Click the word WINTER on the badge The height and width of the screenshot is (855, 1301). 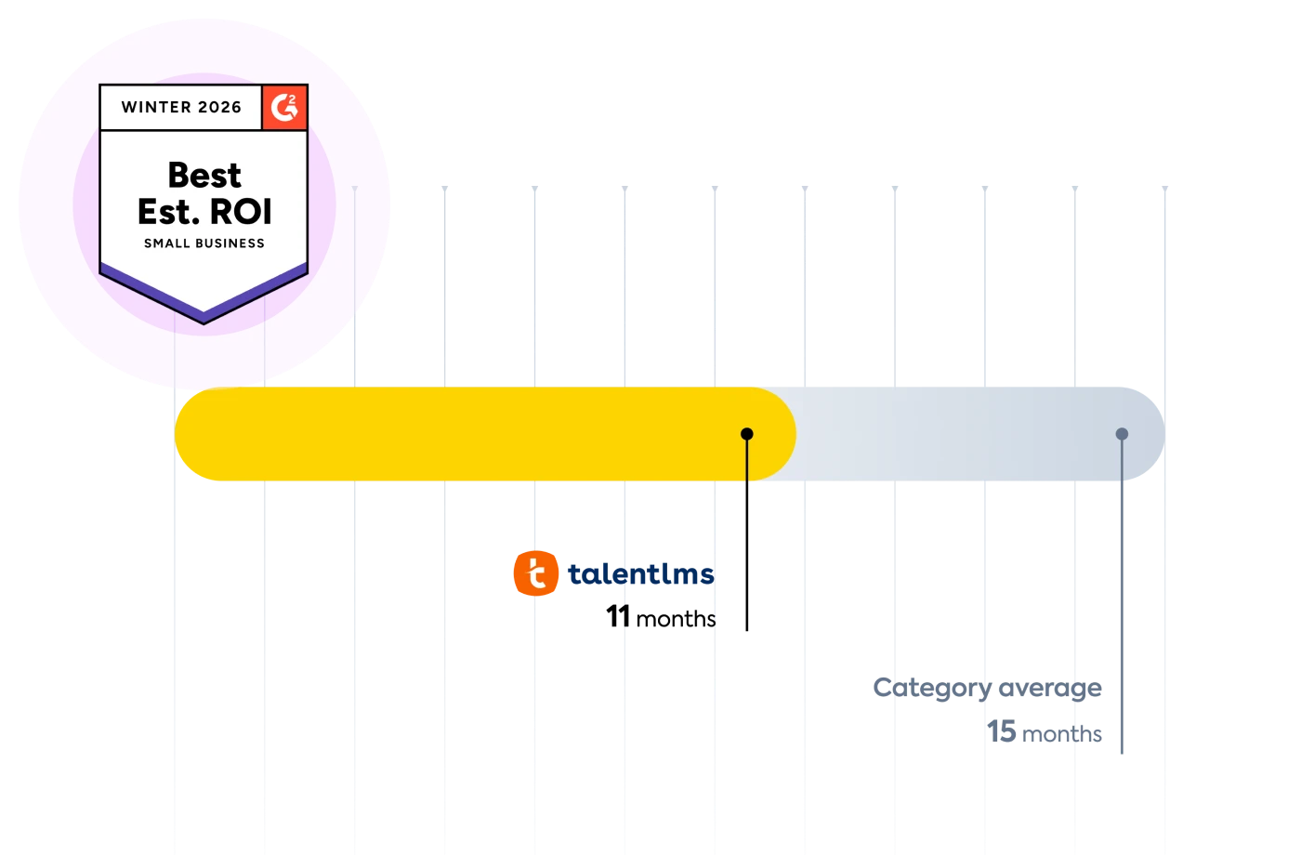click(x=156, y=107)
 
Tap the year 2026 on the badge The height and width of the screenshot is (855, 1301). click(x=219, y=107)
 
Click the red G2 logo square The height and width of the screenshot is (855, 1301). click(x=284, y=108)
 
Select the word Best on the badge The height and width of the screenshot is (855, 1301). click(x=204, y=175)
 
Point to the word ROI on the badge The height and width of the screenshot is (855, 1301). click(x=240, y=212)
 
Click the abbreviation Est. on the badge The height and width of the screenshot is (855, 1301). click(x=169, y=212)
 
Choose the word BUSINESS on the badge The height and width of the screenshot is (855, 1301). click(x=228, y=243)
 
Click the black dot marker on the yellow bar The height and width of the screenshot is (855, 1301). click(x=747, y=434)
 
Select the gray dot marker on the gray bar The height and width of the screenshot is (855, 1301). click(x=1122, y=434)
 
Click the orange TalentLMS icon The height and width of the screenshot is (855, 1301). click(x=535, y=572)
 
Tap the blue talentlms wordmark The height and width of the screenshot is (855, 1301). click(x=639, y=574)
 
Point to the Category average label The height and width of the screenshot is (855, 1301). click(x=987, y=689)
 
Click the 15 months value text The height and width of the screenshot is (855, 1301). click(x=1045, y=733)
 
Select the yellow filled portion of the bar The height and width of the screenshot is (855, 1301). click(x=465, y=434)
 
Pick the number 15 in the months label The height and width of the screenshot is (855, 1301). click(x=1003, y=733)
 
